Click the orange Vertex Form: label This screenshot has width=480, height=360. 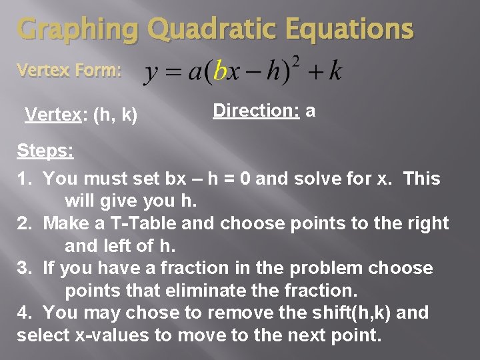click(69, 70)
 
